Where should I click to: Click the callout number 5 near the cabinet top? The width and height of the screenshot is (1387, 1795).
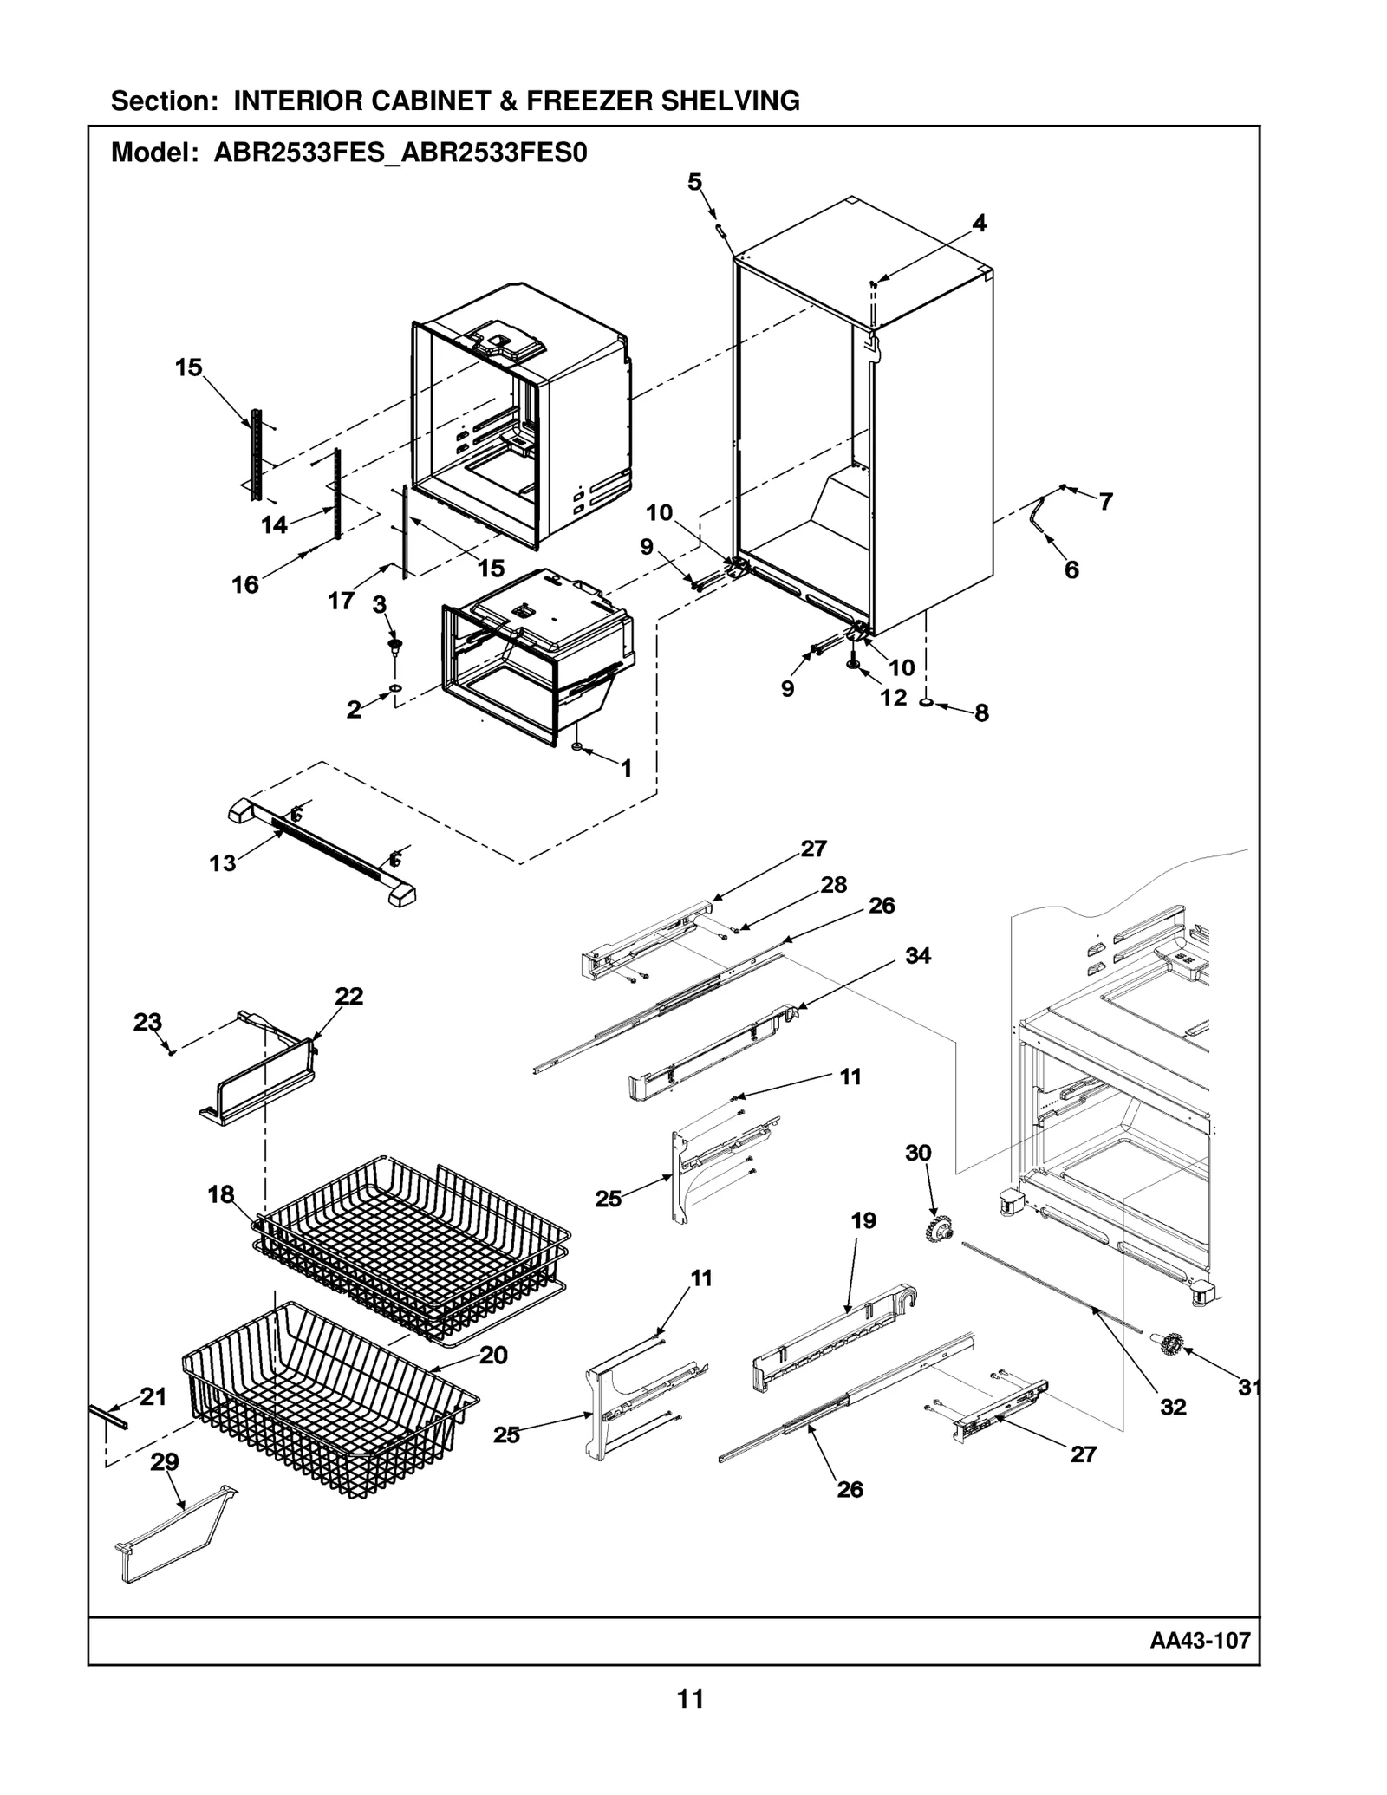(695, 182)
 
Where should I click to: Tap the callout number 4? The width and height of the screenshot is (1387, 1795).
(979, 224)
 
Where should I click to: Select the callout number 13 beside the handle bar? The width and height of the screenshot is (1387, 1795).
(222, 863)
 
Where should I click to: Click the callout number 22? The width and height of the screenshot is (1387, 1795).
(348, 997)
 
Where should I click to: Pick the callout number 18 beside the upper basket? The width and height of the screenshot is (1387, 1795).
(221, 1195)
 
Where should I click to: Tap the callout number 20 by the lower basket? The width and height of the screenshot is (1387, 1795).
(493, 1356)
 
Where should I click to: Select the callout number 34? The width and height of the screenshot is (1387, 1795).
(918, 955)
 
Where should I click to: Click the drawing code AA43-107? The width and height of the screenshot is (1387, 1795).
(1200, 1640)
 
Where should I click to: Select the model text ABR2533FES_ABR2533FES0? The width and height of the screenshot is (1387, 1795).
(400, 153)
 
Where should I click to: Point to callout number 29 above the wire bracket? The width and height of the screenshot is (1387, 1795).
(165, 1462)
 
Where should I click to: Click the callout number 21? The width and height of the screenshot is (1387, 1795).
(153, 1396)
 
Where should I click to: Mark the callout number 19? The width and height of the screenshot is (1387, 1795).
(863, 1221)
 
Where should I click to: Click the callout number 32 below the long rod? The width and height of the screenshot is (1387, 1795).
(1173, 1407)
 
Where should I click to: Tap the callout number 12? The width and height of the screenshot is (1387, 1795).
(894, 697)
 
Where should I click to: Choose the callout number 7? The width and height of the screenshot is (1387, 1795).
(1106, 501)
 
